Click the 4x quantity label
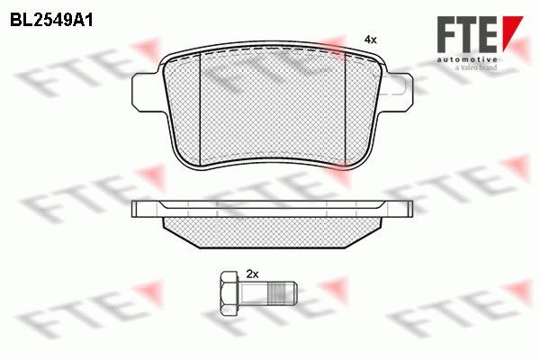369,40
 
